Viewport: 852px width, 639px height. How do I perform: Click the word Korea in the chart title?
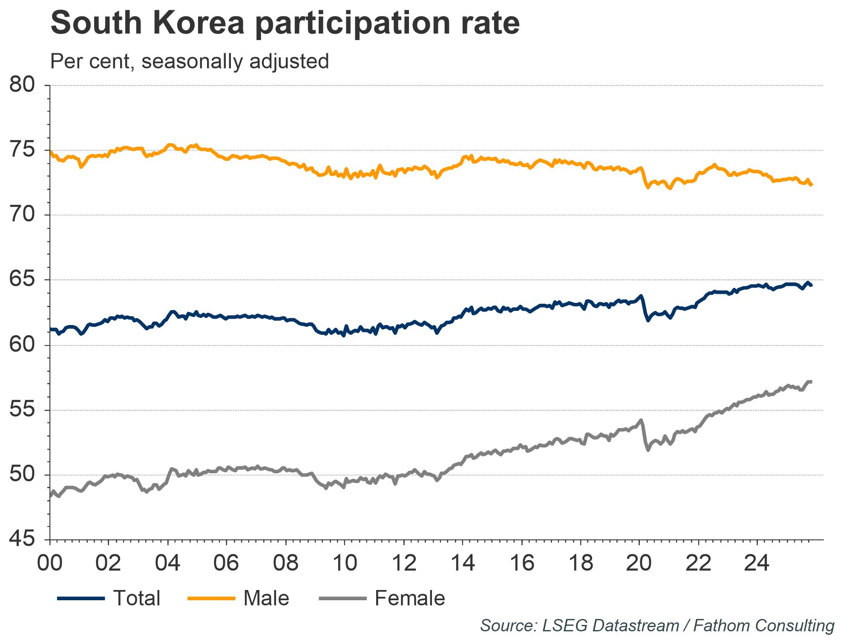(199, 23)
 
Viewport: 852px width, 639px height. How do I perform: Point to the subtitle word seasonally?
(193, 62)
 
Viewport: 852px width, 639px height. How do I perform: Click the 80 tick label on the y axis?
(22, 85)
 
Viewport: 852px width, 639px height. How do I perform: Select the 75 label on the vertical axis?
(22, 150)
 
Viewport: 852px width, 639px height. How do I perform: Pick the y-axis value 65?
(22, 280)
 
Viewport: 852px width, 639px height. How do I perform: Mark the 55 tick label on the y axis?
(22, 410)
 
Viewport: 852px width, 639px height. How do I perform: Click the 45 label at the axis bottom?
(22, 539)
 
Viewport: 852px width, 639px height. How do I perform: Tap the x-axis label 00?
(50, 563)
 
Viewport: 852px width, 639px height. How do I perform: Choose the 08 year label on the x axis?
(285, 563)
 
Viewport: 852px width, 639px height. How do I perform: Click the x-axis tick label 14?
(462, 563)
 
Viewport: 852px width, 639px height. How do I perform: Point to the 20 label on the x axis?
(639, 563)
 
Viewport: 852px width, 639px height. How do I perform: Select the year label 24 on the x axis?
(757, 563)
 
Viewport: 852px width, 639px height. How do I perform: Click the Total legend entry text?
(136, 598)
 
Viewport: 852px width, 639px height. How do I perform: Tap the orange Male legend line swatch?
(212, 598)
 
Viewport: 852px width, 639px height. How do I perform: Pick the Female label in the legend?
(410, 598)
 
